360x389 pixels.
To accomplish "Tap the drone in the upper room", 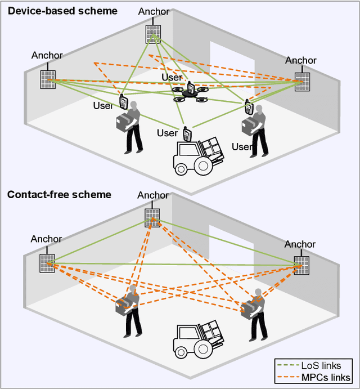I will (190, 95).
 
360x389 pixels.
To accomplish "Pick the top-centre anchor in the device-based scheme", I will (153, 34).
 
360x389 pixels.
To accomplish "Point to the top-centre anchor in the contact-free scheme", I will (152, 217).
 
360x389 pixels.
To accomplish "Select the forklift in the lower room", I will (197, 338).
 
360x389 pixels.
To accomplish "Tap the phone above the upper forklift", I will (187, 134).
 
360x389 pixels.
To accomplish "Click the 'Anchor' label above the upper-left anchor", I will (47, 55).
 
